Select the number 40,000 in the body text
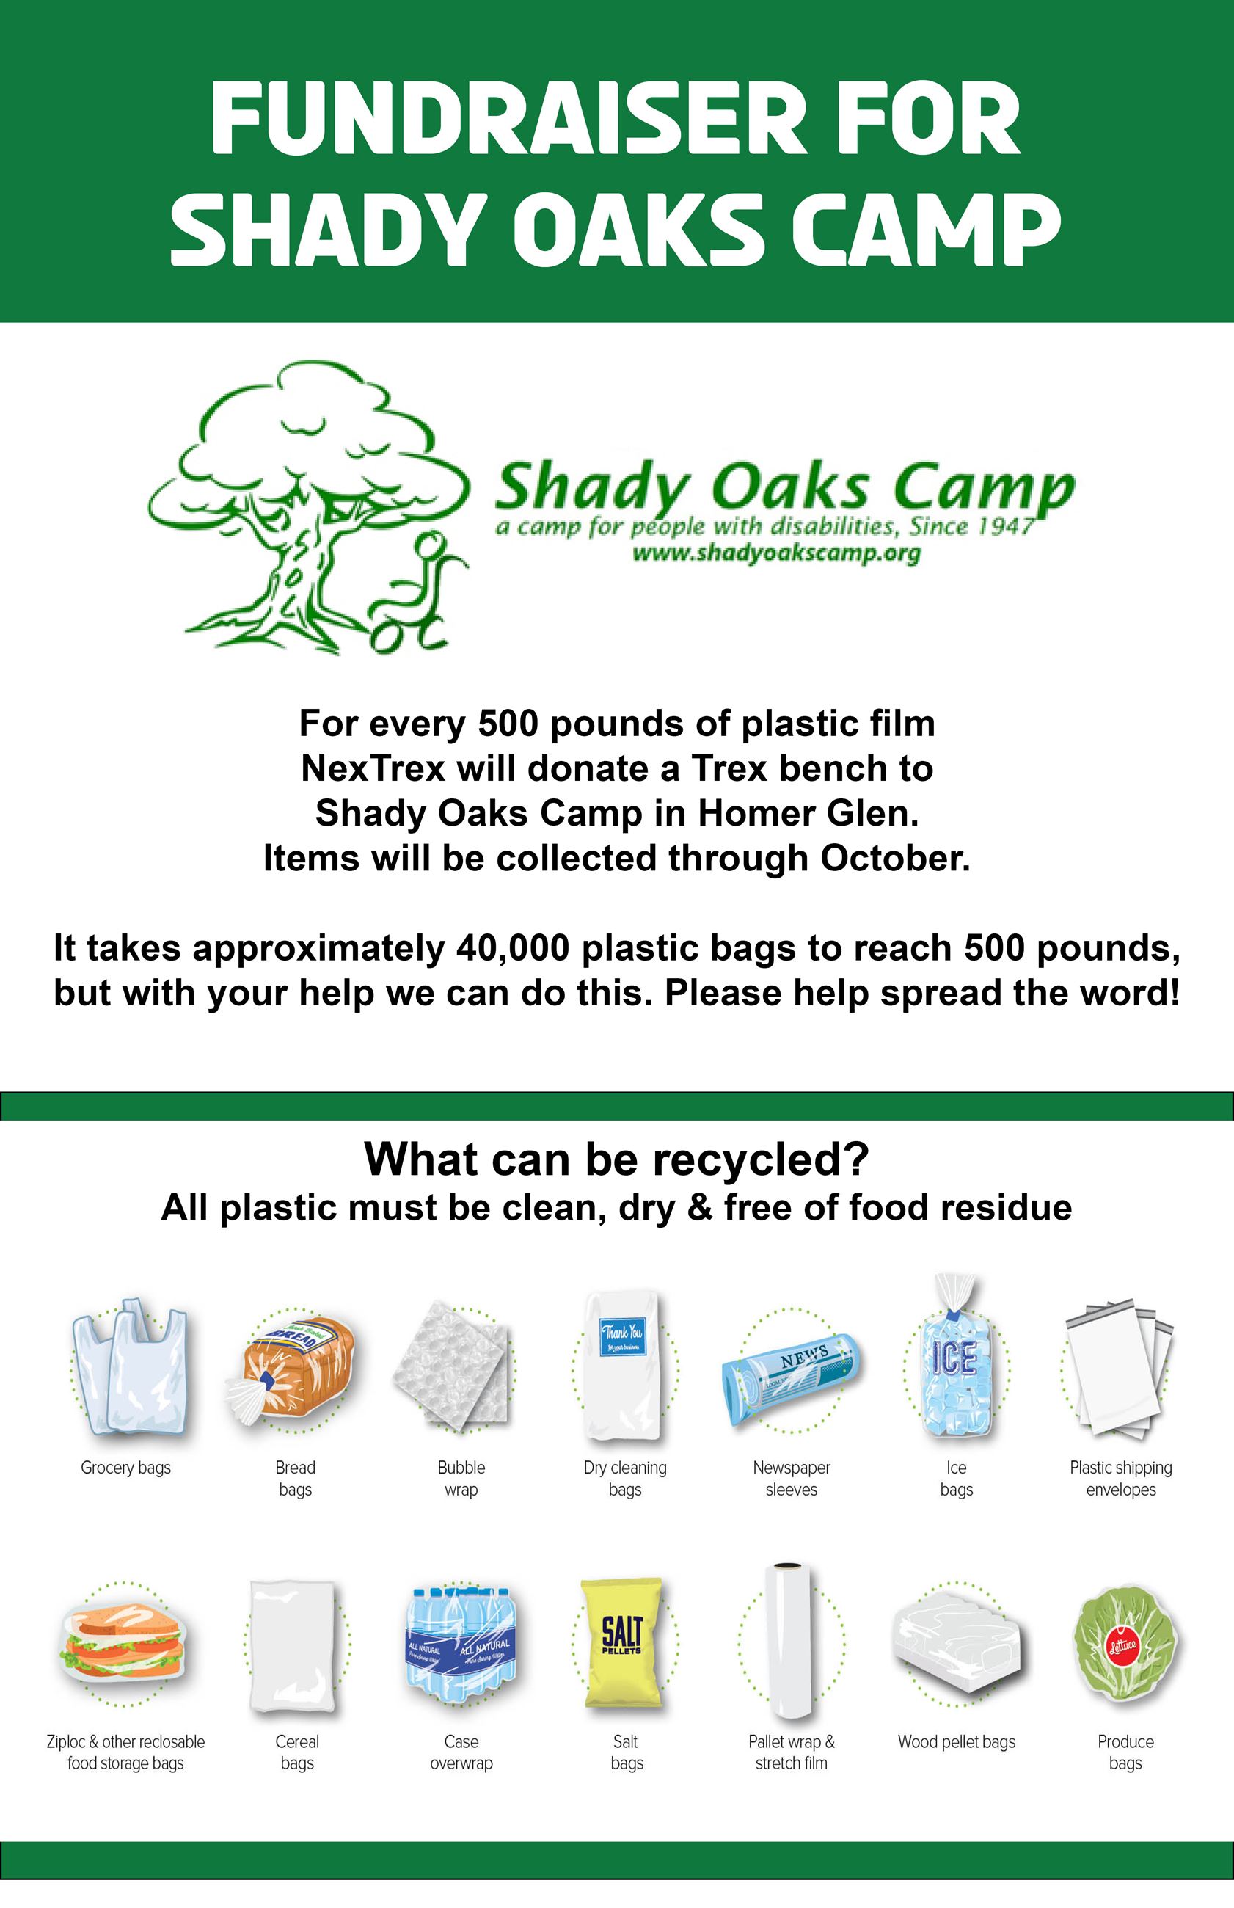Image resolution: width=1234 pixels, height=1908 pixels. pyautogui.click(x=512, y=948)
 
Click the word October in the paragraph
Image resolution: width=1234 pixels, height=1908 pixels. pyautogui.click(x=894, y=859)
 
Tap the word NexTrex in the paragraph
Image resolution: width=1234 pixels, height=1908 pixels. pyautogui.click(x=373, y=768)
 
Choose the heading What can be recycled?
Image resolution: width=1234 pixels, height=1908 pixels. pyautogui.click(x=616, y=1159)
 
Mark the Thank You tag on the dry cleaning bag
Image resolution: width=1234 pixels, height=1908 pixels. pyautogui.click(x=622, y=1336)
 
